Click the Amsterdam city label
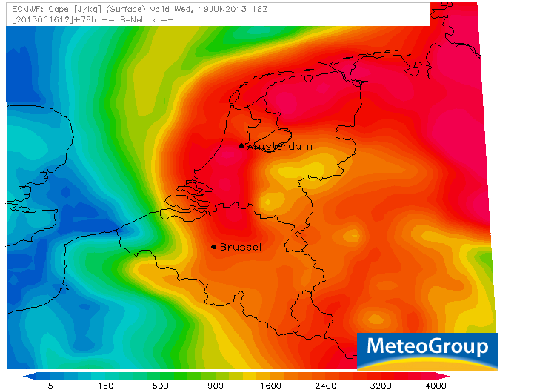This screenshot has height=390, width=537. (279, 147)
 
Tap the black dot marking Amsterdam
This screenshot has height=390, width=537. (241, 146)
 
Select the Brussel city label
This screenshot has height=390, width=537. (241, 247)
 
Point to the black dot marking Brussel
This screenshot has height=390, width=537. (214, 247)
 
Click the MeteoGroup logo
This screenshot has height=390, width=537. (427, 348)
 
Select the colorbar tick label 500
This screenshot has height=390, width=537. (159, 386)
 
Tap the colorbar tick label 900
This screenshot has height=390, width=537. (215, 386)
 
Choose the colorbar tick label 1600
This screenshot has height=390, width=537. (270, 386)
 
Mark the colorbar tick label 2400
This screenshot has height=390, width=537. (326, 386)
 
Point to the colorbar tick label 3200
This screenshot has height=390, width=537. (381, 386)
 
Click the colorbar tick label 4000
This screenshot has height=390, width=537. (436, 386)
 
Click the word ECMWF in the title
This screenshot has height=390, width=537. (21, 9)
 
